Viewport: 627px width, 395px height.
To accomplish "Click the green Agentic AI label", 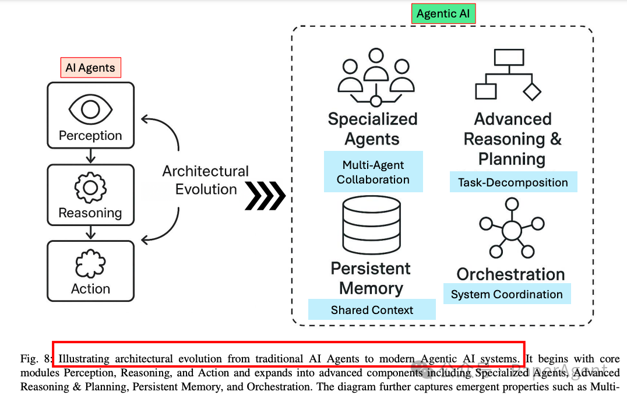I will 443,14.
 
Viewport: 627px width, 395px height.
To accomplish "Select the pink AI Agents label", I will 90,68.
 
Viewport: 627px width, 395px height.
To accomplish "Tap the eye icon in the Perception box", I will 90,109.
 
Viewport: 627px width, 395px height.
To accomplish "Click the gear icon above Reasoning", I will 90,188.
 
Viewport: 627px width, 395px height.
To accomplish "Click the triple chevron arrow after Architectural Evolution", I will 266,196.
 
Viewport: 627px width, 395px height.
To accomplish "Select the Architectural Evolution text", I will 206,180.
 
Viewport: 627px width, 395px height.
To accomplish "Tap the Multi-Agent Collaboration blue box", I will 373,172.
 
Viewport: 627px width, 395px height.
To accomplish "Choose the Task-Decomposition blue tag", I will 513,182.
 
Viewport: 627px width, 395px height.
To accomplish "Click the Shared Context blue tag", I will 372,310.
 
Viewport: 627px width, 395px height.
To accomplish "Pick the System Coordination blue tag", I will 506,294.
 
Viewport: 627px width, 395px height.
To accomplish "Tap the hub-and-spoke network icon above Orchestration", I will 511,229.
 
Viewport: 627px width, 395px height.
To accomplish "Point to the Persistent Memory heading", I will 371,278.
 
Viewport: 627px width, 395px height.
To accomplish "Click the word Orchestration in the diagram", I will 510,274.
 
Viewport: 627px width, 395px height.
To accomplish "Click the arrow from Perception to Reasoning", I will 90,156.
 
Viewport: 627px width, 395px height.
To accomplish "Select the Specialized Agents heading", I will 372,129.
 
